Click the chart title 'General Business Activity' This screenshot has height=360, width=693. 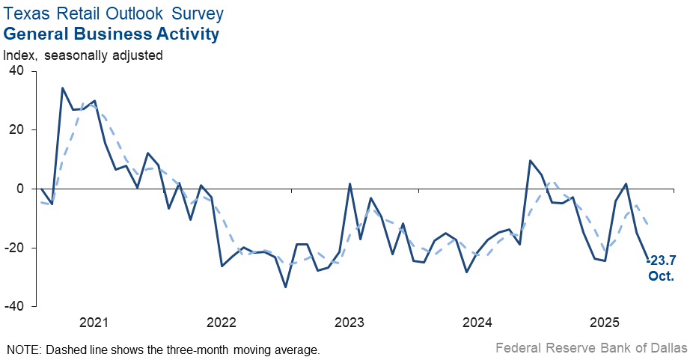(112, 34)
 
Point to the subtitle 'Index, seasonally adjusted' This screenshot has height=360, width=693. (83, 55)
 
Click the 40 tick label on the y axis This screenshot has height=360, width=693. (16, 71)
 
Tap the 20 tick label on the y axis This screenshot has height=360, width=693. (16, 130)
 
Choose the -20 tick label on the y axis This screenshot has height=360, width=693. (14, 248)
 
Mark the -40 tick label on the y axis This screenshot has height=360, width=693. (14, 307)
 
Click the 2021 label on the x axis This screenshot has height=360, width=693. (94, 323)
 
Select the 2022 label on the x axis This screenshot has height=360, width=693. (222, 323)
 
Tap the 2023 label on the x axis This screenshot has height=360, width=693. (349, 323)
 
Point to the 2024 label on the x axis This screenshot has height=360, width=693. (477, 323)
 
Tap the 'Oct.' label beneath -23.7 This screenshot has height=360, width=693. (661, 276)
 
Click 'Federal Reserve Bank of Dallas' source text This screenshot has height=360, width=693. (590, 348)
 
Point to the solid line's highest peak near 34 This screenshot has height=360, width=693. (62, 88)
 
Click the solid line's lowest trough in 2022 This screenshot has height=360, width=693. (286, 287)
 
